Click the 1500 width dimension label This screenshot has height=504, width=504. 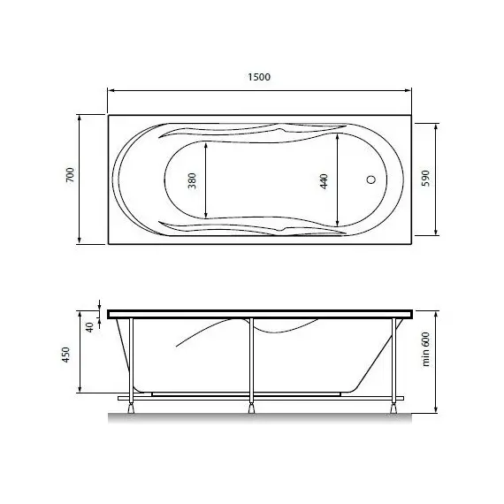point(259,77)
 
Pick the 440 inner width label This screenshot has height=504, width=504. point(324,181)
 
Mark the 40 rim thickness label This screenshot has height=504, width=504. point(89,326)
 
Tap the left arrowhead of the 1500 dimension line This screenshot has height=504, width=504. point(111,89)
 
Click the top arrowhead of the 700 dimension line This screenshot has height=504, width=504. point(80,118)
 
